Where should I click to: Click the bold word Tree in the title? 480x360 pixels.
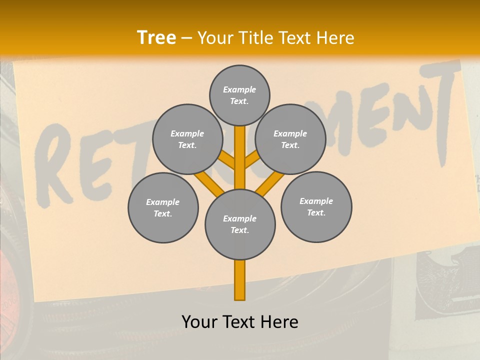(x=156, y=38)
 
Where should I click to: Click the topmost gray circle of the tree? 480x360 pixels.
(x=239, y=95)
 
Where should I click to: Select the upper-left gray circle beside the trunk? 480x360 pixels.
(x=187, y=139)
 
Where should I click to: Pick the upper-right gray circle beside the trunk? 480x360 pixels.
(x=290, y=139)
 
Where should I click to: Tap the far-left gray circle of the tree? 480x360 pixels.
(x=163, y=207)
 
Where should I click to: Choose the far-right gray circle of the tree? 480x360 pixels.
(x=316, y=206)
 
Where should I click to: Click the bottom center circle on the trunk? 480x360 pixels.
(x=240, y=224)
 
